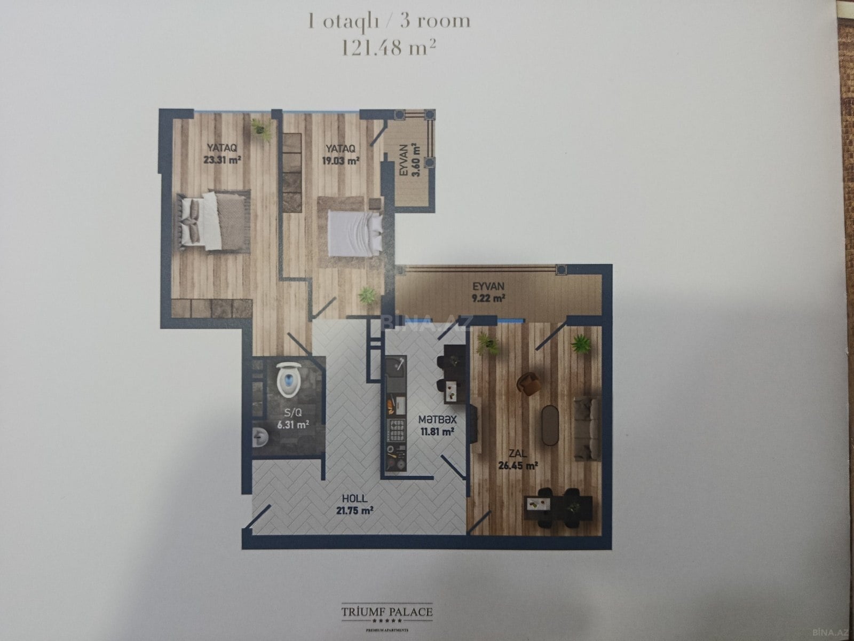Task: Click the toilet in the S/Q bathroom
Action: pos(289,379)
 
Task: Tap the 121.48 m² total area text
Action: pos(388,49)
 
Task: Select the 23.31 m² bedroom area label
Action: pos(222,160)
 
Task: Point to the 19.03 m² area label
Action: pos(341,160)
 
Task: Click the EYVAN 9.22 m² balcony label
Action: pos(489,292)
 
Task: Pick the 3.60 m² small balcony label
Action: pos(416,160)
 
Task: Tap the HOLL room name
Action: pos(354,498)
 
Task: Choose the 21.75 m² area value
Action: pos(355,510)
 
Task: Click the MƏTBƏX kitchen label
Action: pos(437,419)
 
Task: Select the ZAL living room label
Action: pos(518,454)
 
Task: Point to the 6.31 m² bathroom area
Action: pos(293,424)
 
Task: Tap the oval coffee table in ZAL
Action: pos(550,425)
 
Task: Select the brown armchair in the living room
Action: pos(529,384)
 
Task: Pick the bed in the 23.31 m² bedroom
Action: pos(213,221)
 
